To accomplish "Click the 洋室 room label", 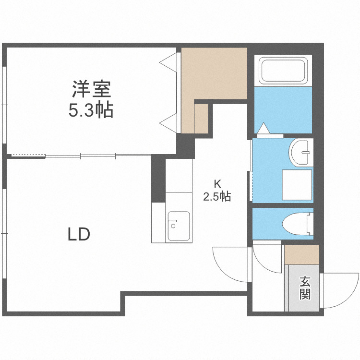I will point(92,90).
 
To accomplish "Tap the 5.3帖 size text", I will point(91,111).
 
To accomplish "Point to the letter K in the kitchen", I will point(217,183).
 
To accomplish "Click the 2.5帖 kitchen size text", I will point(217,197).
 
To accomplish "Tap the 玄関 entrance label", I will point(305,288).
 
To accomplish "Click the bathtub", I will point(283,71).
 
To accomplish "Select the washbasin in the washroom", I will point(301,152).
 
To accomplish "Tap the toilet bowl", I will point(298,224).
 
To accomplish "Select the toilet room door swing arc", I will point(266,259).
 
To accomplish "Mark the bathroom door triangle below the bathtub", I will point(264,129).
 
